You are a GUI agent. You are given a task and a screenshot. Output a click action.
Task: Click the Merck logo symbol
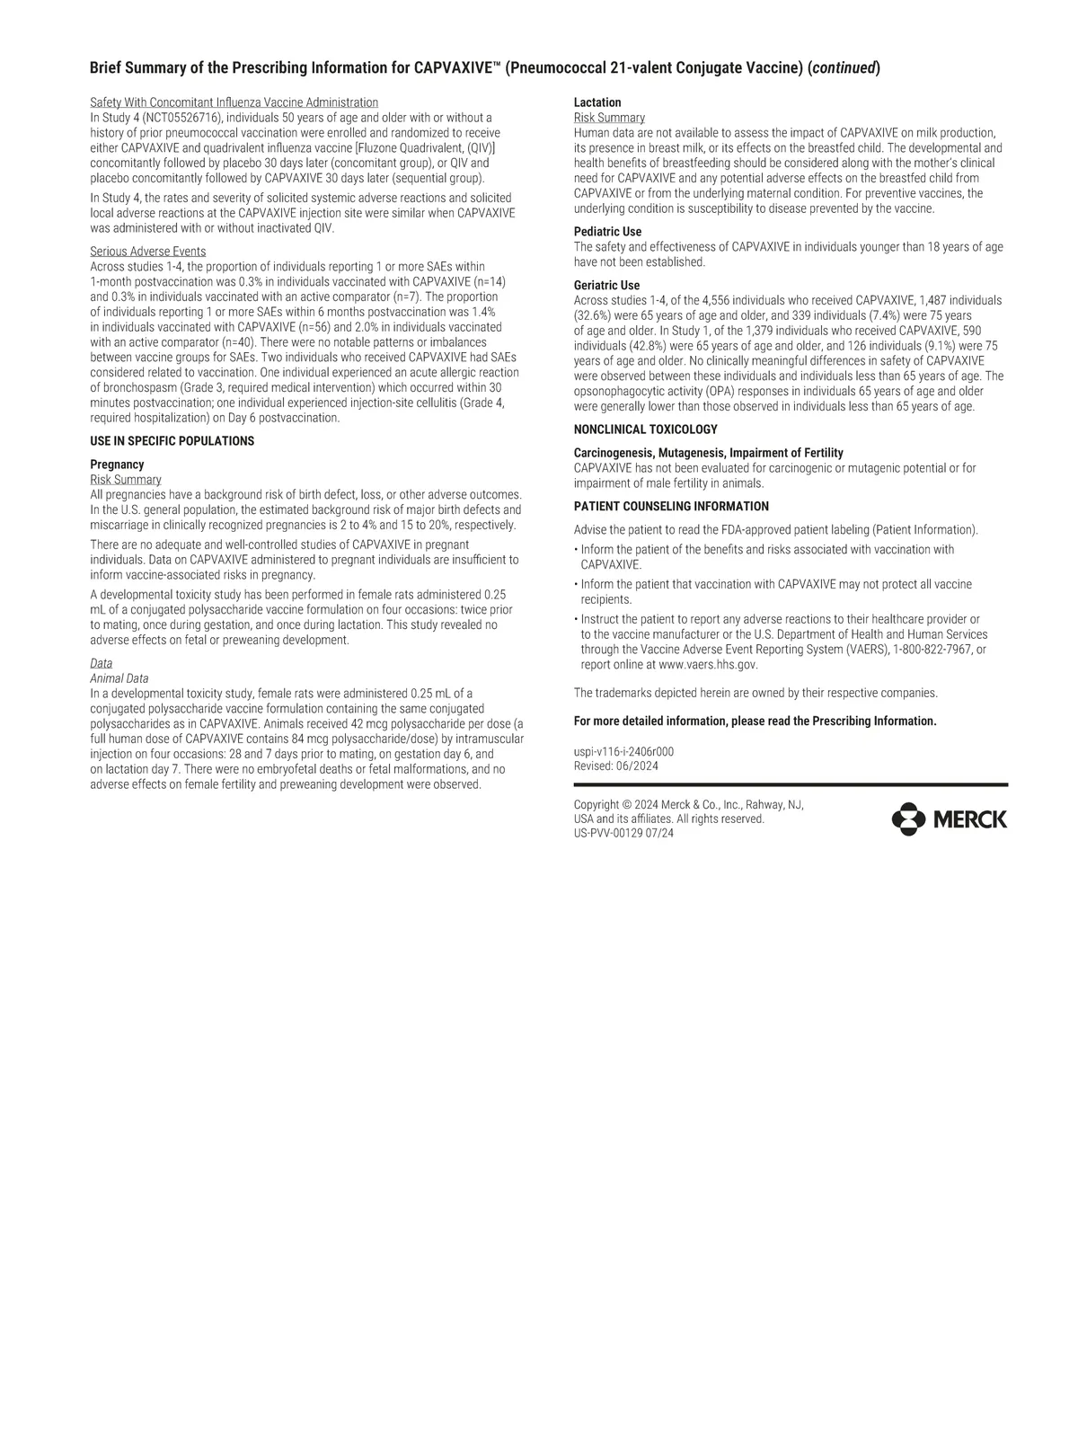click(x=908, y=819)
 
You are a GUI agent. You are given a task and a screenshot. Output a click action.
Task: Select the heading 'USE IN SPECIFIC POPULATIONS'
click(x=172, y=441)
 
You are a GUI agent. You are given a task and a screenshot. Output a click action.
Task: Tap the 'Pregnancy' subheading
click(x=117, y=465)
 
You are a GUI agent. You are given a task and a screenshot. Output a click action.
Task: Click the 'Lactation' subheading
click(x=597, y=102)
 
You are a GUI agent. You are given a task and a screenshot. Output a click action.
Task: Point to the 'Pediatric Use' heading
click(x=607, y=232)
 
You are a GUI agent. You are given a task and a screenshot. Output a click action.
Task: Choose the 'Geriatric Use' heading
click(x=606, y=286)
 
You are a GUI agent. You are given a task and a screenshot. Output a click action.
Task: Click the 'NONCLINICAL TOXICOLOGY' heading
click(x=645, y=429)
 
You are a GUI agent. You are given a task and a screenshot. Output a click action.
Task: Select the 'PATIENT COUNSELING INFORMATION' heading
click(x=671, y=507)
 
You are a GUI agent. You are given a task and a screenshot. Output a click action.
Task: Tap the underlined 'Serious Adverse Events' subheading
click(x=147, y=252)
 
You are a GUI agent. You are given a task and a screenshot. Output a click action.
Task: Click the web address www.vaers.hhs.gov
click(x=708, y=665)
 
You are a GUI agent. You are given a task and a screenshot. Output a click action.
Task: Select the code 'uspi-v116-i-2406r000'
click(x=623, y=751)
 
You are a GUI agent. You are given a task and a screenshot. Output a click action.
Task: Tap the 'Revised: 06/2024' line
click(x=615, y=766)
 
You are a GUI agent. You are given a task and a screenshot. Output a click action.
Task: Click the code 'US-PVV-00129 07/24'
click(x=623, y=833)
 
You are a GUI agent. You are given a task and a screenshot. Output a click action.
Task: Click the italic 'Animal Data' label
click(x=119, y=678)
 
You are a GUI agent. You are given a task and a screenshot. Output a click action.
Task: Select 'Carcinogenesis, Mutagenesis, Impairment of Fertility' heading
click(x=708, y=453)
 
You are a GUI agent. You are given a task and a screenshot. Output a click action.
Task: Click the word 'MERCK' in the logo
click(x=970, y=819)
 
